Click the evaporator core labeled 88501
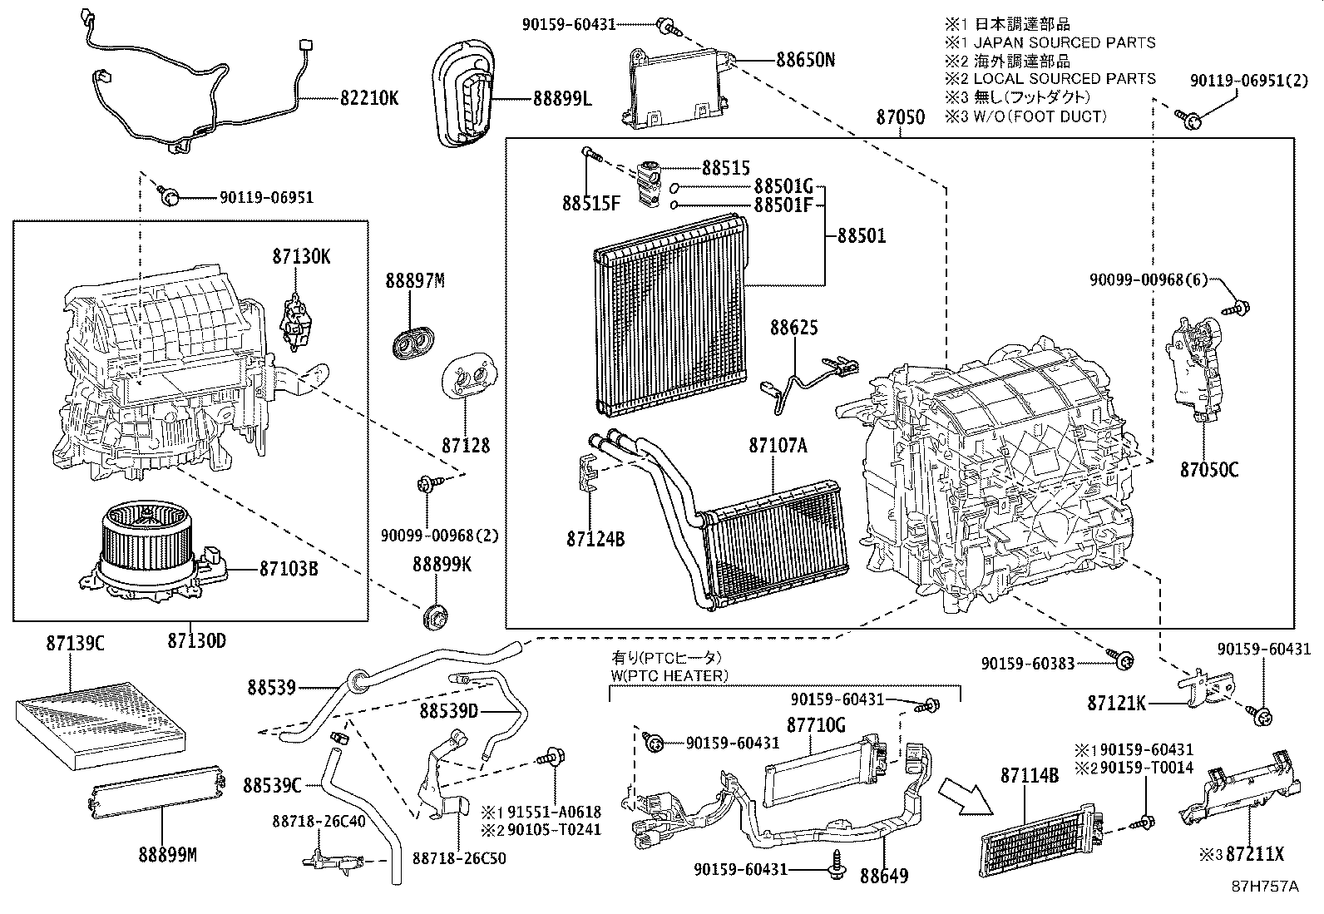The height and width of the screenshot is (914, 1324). (669, 316)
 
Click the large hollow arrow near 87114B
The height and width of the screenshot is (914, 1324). (966, 795)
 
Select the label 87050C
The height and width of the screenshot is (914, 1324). (1208, 471)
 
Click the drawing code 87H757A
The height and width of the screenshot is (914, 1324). (1265, 887)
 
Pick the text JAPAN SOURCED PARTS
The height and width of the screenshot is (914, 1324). (1065, 42)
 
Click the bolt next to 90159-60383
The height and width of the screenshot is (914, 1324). (1122, 660)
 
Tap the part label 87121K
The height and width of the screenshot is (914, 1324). (1117, 704)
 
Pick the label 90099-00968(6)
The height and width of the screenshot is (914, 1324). (1148, 281)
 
